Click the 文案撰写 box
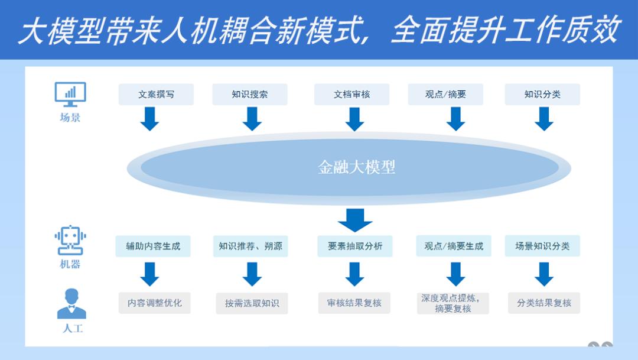pyautogui.click(x=156, y=95)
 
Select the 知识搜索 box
pyautogui.click(x=249, y=95)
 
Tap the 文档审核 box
pyautogui.click(x=351, y=95)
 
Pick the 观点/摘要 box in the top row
pyautogui.click(x=445, y=95)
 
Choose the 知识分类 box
pyautogui.click(x=542, y=95)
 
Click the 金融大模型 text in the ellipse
pyautogui.click(x=356, y=167)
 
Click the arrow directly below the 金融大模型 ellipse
pyautogui.click(x=355, y=220)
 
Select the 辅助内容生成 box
pyautogui.click(x=153, y=247)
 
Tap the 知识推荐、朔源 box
pyautogui.click(x=250, y=247)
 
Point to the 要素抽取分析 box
pyautogui.click(x=354, y=247)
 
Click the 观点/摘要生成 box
pyautogui.click(x=453, y=247)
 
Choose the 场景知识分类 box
pyautogui.click(x=542, y=247)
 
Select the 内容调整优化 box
pyautogui.click(x=155, y=303)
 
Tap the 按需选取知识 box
pyautogui.click(x=252, y=304)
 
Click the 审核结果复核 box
pyautogui.click(x=354, y=303)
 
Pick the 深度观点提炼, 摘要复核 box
pyautogui.click(x=453, y=303)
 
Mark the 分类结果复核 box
pyautogui.click(x=543, y=303)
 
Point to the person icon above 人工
pyautogui.click(x=71, y=304)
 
